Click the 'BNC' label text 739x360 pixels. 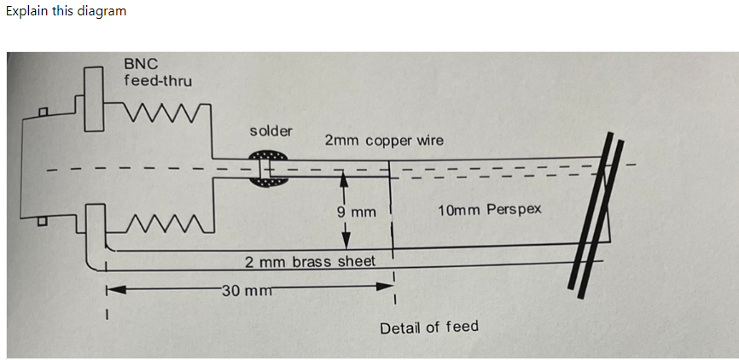(x=140, y=64)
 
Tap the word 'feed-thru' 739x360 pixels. (x=158, y=81)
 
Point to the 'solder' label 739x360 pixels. (x=271, y=131)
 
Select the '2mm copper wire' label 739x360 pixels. (x=384, y=140)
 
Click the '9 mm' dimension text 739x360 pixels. (x=357, y=210)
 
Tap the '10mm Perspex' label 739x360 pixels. (x=489, y=209)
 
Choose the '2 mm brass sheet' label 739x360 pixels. (x=310, y=261)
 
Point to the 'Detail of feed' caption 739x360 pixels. (x=429, y=327)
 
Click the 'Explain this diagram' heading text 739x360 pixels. (x=66, y=11)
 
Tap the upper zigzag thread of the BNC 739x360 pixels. (x=167, y=113)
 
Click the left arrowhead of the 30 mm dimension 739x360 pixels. (x=112, y=290)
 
